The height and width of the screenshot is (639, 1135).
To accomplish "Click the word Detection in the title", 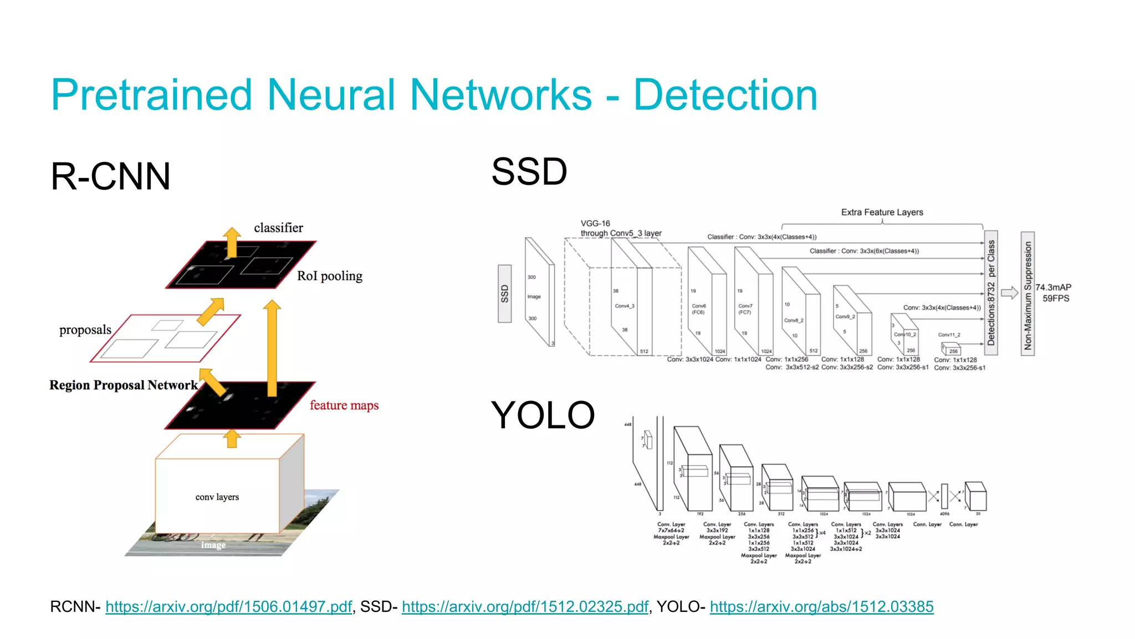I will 725,95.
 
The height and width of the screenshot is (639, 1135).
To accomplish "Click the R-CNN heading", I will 110,177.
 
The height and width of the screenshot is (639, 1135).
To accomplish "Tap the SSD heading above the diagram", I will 529,171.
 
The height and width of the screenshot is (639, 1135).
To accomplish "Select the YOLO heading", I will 543,415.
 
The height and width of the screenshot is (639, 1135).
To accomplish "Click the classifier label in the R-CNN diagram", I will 278,228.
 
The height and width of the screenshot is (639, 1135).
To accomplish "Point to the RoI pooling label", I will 329,276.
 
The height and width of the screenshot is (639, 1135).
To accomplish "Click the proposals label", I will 85,330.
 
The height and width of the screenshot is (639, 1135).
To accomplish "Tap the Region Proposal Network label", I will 123,385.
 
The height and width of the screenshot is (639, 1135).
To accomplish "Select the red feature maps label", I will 344,405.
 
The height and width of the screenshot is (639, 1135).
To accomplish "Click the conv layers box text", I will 217,497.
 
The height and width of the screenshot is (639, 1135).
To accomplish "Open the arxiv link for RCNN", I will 228,607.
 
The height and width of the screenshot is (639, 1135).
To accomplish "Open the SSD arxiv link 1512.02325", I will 525,607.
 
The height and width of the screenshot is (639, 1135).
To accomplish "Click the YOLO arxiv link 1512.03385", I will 821,607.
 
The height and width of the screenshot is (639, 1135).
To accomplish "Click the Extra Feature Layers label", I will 882,212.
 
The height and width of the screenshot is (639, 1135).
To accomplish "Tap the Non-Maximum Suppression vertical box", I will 1027,294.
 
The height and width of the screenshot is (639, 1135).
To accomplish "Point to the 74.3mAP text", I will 1053,287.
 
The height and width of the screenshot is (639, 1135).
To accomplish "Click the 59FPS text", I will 1056,298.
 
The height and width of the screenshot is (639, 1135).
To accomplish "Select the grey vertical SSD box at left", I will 504,293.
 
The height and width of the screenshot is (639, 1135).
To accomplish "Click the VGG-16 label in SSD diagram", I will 595,224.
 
